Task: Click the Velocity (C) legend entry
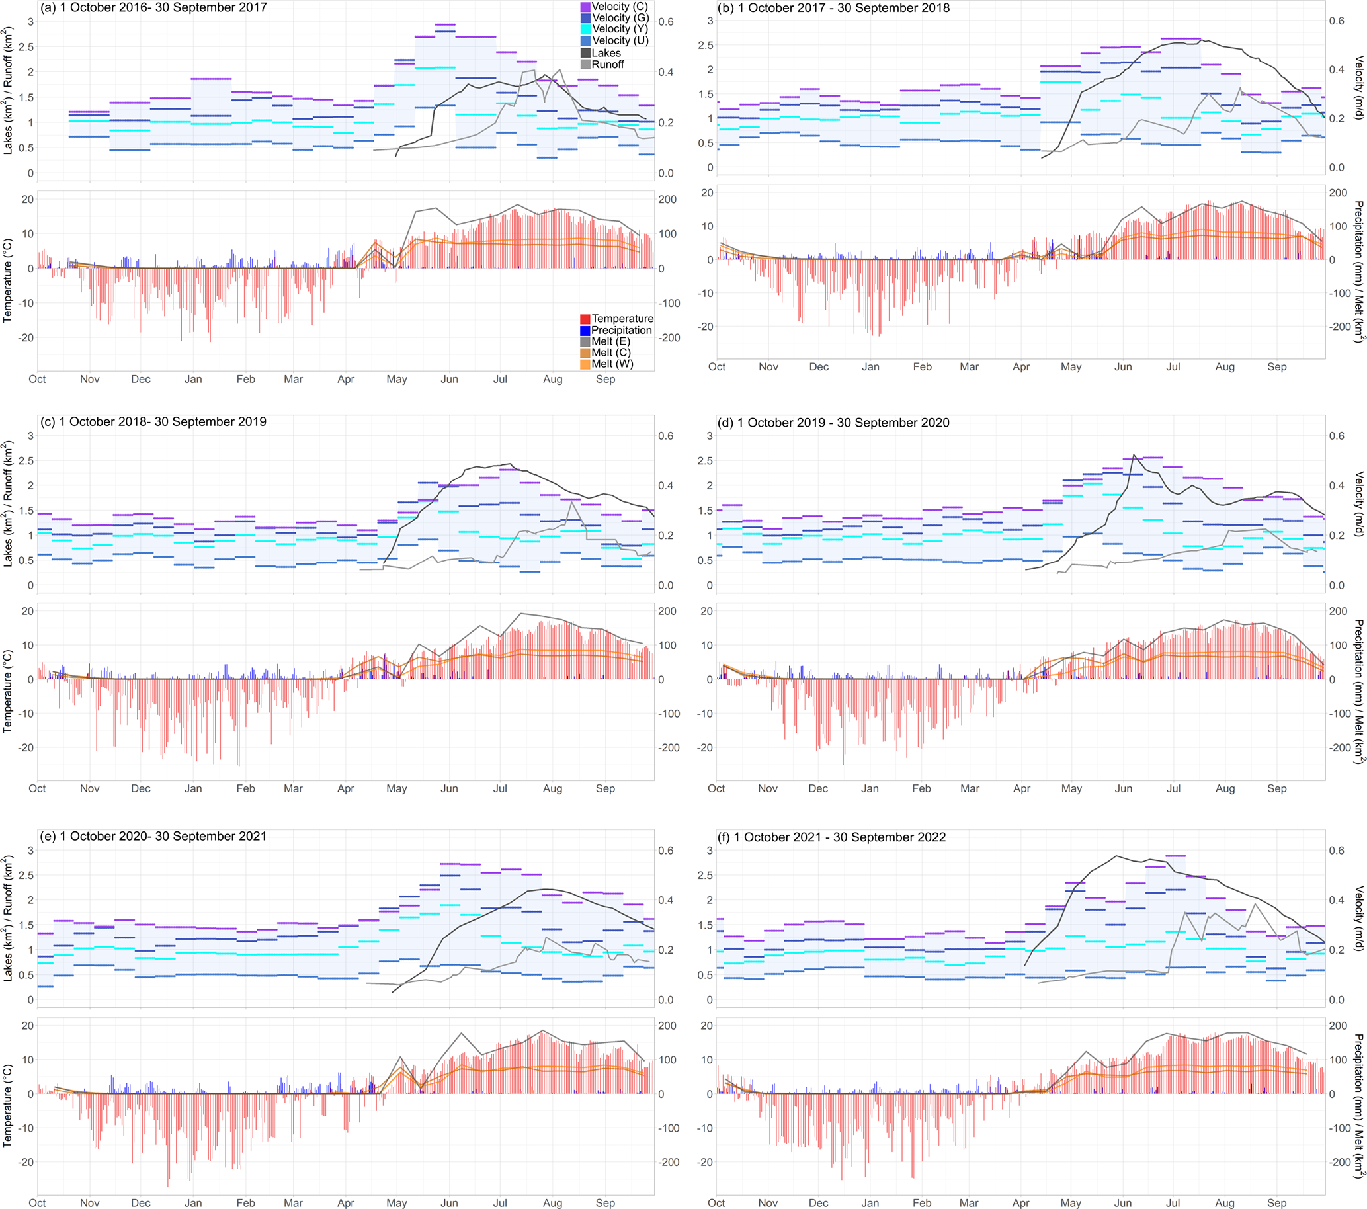coord(618,7)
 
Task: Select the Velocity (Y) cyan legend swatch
coord(585,29)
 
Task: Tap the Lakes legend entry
coord(605,53)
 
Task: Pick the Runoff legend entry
coord(606,64)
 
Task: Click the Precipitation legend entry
coord(620,329)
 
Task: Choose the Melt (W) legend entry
coord(611,364)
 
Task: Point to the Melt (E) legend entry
coord(610,341)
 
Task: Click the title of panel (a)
coord(153,8)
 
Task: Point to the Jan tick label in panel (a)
coord(193,379)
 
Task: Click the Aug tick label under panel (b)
coord(1225,366)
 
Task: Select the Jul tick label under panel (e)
coord(500,1202)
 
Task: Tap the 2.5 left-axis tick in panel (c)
coord(26,461)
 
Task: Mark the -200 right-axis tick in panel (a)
coord(669,338)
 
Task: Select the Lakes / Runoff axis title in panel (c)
coord(7,504)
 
